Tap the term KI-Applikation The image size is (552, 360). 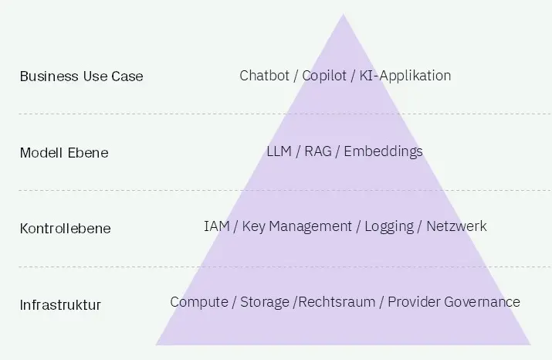[405, 76]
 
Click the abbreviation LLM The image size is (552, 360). [279, 151]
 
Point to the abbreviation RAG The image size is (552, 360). [318, 151]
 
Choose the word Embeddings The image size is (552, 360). [383, 151]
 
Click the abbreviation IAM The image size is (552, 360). [217, 226]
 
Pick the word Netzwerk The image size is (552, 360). [456, 226]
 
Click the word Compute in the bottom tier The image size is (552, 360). [198, 302]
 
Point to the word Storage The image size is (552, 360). [264, 302]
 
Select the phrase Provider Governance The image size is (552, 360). [454, 302]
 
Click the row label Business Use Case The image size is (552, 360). [81, 76]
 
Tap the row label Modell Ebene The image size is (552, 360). [64, 152]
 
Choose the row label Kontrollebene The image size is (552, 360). [65, 228]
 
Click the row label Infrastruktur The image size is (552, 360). [60, 304]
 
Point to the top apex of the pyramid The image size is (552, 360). [344, 15]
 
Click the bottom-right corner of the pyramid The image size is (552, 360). [530, 344]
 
